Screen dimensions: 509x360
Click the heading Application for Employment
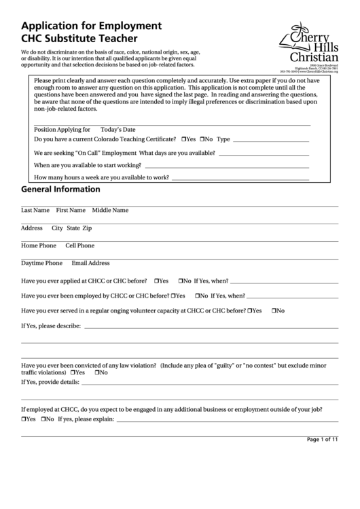point(91,26)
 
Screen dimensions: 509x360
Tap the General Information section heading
point(61,190)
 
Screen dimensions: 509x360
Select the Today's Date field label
point(118,129)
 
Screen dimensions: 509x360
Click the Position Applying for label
point(62,129)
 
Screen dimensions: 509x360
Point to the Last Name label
point(35,210)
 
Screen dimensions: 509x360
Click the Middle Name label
point(110,210)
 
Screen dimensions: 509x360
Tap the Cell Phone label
point(79,245)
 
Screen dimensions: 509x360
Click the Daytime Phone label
point(41,263)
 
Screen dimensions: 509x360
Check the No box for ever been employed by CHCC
point(198,296)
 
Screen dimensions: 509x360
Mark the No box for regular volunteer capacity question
point(274,311)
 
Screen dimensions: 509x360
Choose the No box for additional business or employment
point(42,420)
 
